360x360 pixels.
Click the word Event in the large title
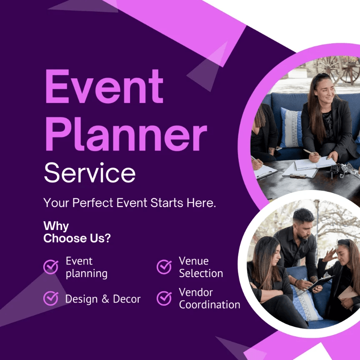pyautogui.click(x=105, y=87)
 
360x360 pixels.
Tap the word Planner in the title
pyautogui.click(x=126, y=134)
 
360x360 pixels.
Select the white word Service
pyautogui.click(x=90, y=172)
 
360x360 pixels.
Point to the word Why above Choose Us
pyautogui.click(x=56, y=226)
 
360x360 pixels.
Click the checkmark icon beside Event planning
pyautogui.click(x=51, y=267)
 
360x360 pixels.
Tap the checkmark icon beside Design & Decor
pyautogui.click(x=51, y=298)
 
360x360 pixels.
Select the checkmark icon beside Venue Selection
pyautogui.click(x=164, y=267)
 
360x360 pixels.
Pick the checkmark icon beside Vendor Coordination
pyautogui.click(x=164, y=298)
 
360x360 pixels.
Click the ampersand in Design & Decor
pyautogui.click(x=105, y=299)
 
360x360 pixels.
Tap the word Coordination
pyautogui.click(x=210, y=305)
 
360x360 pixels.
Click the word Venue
pyautogui.click(x=194, y=261)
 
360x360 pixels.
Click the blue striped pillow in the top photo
pyautogui.click(x=291, y=127)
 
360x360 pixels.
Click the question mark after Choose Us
pyautogui.click(x=107, y=238)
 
